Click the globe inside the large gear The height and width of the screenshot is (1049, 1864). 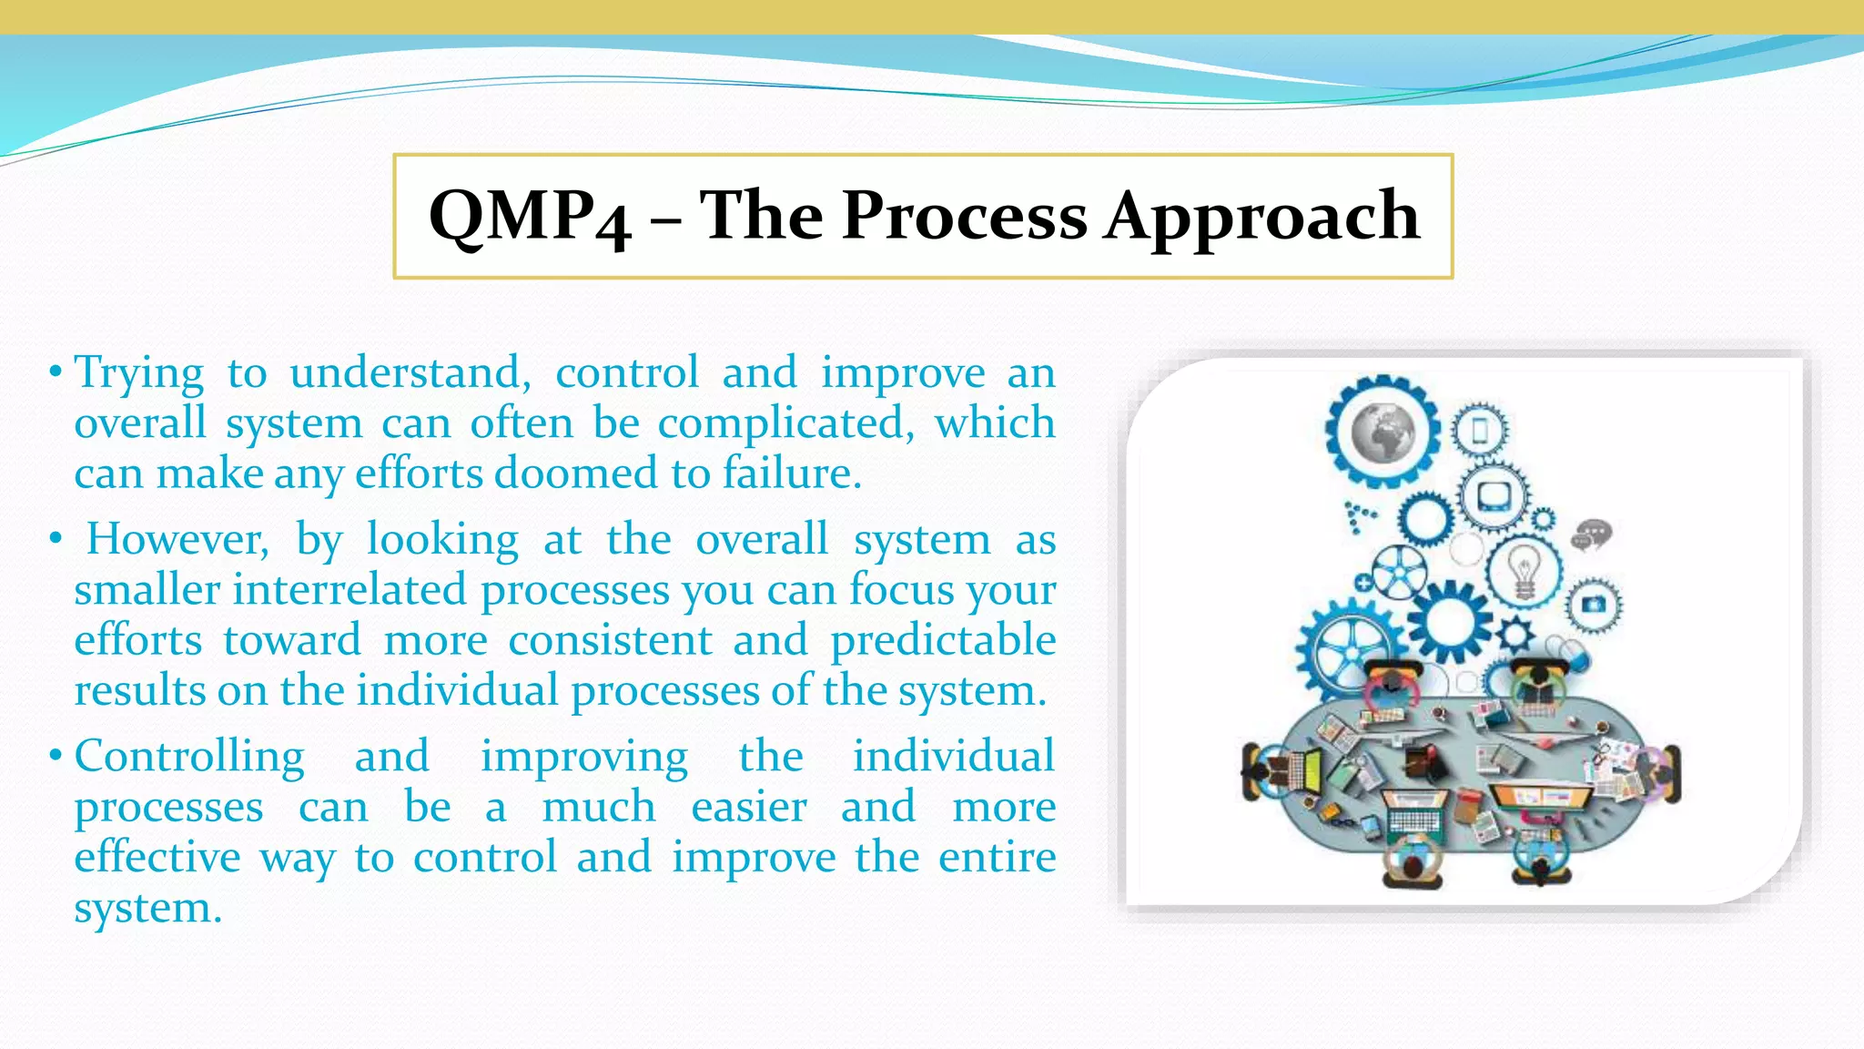point(1382,432)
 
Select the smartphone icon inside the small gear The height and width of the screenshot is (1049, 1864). point(1480,431)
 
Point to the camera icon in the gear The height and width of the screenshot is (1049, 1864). point(1593,605)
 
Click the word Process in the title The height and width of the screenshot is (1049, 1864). point(965,217)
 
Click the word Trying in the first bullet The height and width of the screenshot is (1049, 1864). point(139,373)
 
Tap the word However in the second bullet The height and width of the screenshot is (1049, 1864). point(177,539)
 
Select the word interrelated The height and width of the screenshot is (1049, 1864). point(349,590)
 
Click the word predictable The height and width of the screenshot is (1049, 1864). point(942,640)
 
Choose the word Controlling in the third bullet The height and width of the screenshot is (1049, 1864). point(189,757)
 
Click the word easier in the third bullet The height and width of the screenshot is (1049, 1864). point(748,808)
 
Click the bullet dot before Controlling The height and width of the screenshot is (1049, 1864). point(56,755)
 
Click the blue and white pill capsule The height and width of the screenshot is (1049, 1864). point(1573,652)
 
